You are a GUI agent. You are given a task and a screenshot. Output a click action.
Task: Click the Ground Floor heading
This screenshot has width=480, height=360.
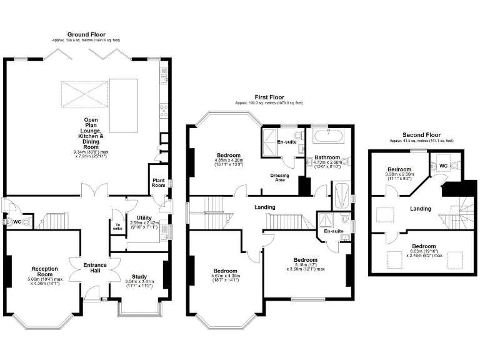(x=86, y=34)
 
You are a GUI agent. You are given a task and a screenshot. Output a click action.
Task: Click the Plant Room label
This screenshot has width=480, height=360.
(x=158, y=182)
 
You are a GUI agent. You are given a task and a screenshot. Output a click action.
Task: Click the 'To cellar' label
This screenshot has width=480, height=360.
(x=117, y=227)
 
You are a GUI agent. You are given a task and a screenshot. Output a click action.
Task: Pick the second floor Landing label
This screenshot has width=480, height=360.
(x=419, y=208)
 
